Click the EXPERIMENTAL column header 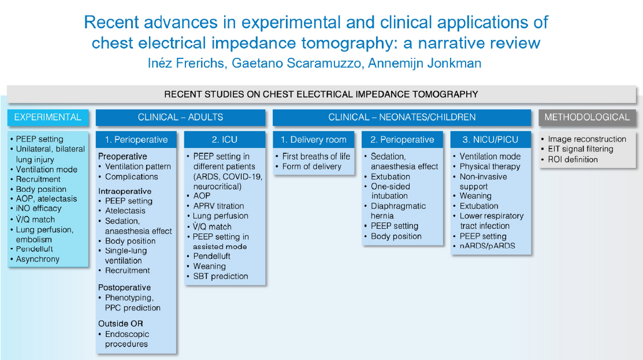48,117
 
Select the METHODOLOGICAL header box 587,117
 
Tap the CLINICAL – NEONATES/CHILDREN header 402,117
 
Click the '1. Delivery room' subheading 313,139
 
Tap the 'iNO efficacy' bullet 39,209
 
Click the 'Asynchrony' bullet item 38,259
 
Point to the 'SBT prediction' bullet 221,276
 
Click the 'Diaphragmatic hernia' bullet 398,211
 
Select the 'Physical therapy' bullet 490,166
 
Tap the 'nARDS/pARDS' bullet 487,246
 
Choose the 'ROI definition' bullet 573,159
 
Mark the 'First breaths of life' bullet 316,157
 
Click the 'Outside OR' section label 121,324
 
